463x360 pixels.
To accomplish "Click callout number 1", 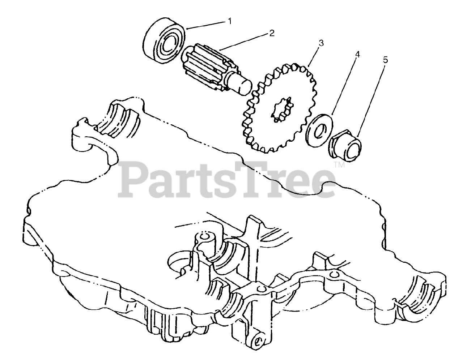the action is click(x=229, y=21).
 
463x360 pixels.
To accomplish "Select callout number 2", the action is click(x=271, y=33).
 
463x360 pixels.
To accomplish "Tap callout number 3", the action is click(x=320, y=43).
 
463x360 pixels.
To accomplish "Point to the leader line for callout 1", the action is click(x=206, y=25).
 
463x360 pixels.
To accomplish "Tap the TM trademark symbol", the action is click(x=339, y=165).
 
